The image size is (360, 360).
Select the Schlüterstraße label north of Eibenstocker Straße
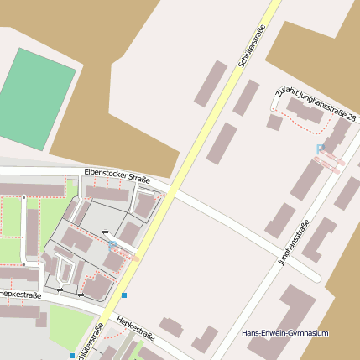[253, 46]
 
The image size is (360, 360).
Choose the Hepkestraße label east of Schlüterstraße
[135, 328]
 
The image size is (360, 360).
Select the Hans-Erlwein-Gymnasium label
[284, 333]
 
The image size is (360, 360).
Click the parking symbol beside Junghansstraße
[320, 149]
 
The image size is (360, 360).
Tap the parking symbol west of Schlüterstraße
[112, 244]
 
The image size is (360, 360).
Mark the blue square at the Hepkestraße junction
[124, 295]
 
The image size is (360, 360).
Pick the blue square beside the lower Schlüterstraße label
[72, 356]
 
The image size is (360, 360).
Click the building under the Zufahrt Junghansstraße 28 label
[306, 112]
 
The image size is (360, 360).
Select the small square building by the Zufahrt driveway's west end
[274, 123]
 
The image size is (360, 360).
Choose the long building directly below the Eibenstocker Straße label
[107, 194]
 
